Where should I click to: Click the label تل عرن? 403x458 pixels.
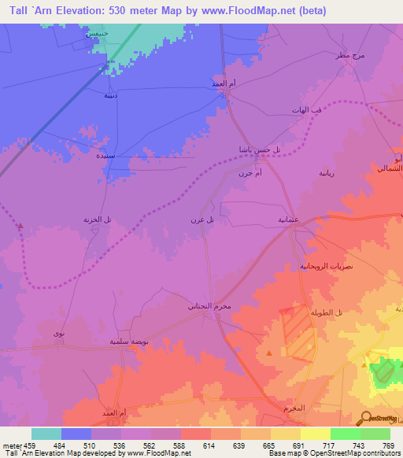tap(203, 220)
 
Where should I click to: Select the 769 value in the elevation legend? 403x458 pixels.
tap(389, 445)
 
